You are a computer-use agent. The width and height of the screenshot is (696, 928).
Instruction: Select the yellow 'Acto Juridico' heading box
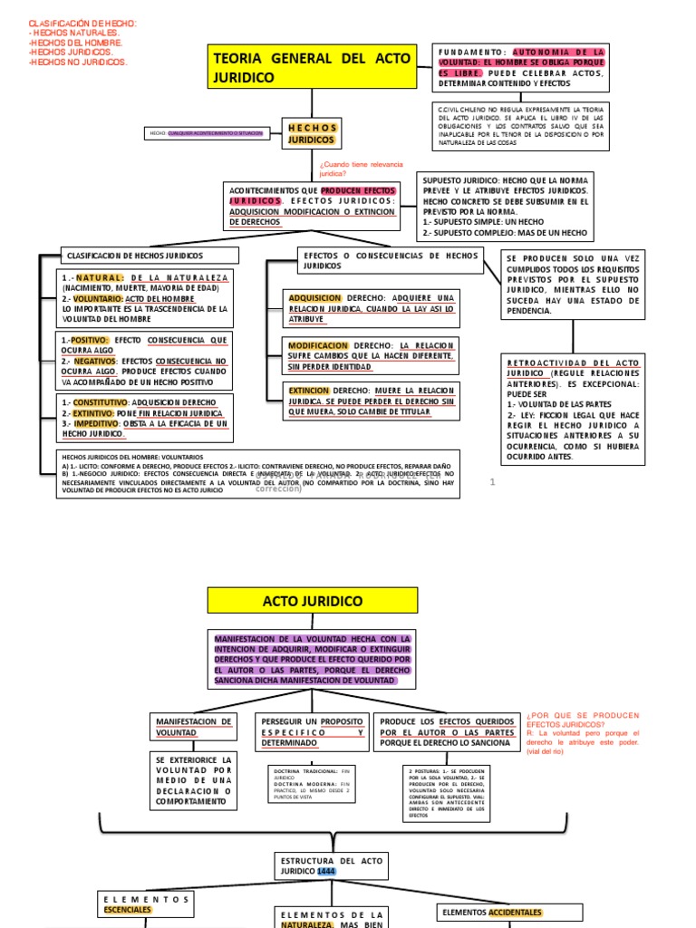click(x=313, y=602)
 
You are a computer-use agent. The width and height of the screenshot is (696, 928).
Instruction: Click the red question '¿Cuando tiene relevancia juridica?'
click(x=345, y=169)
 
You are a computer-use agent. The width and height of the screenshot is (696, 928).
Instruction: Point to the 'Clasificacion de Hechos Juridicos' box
click(x=150, y=256)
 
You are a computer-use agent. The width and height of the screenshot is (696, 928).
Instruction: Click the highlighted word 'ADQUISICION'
click(x=314, y=298)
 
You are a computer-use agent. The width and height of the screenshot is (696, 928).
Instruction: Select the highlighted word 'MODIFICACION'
click(x=318, y=346)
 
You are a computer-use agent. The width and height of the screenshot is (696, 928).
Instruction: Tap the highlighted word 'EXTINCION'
click(x=309, y=390)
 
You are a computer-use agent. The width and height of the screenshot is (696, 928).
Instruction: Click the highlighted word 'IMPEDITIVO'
click(x=95, y=423)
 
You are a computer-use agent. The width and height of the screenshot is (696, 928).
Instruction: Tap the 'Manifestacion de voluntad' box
click(x=194, y=726)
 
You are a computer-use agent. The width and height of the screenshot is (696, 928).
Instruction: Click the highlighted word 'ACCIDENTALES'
click(x=516, y=912)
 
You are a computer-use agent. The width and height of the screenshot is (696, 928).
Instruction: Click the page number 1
click(x=492, y=482)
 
